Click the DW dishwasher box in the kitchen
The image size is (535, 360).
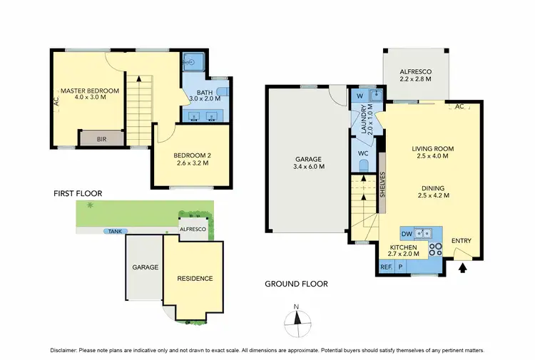tap(406, 233)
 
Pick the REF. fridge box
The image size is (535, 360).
tap(385, 267)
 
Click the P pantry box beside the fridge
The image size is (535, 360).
tap(400, 267)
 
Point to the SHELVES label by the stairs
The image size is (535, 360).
tap(383, 187)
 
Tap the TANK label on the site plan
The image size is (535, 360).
tap(113, 231)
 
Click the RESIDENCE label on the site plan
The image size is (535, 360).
tap(195, 278)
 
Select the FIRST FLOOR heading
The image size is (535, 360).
tap(78, 193)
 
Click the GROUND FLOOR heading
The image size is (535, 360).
tap(296, 284)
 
